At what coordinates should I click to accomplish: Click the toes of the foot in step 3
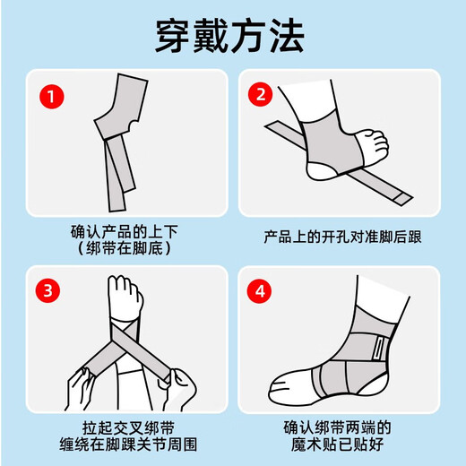[x=125, y=289]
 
